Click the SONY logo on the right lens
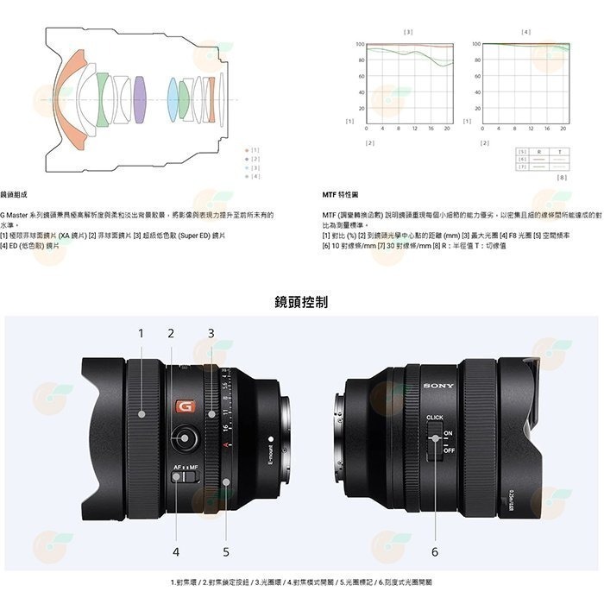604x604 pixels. click(x=439, y=385)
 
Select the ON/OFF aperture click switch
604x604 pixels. click(x=436, y=441)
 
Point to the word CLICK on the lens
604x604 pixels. click(x=435, y=418)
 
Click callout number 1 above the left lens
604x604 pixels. click(x=141, y=333)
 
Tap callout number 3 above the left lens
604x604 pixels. click(x=211, y=333)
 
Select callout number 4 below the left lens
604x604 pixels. click(x=176, y=551)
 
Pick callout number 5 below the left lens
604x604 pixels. click(x=226, y=551)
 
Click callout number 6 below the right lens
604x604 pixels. click(x=435, y=551)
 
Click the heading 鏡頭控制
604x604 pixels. click(x=301, y=301)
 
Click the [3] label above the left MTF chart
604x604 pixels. click(x=407, y=32)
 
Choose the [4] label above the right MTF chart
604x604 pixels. click(x=525, y=32)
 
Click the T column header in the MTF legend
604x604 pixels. click(x=560, y=152)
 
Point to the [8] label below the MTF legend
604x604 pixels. click(x=562, y=178)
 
